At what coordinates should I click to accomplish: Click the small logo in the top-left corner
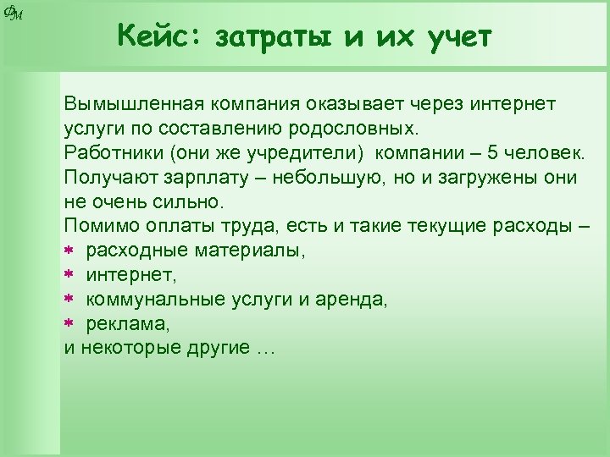tap(13, 11)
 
